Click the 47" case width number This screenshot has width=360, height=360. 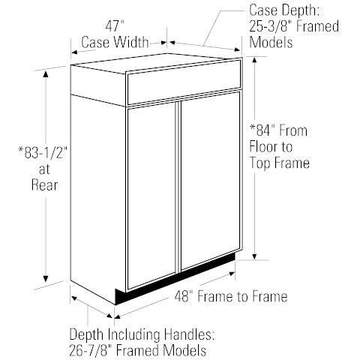tap(115, 26)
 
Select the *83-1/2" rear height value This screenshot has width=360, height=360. tap(43, 153)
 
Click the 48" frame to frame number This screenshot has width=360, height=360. tap(184, 296)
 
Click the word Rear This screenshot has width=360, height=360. tap(44, 185)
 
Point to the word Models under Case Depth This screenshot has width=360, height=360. tap(271, 42)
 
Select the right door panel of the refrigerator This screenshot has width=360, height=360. tap(210, 181)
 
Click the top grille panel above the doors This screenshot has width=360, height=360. tap(184, 82)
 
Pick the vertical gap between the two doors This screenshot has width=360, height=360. tap(178, 187)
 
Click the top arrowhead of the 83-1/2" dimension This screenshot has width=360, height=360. tap(46, 75)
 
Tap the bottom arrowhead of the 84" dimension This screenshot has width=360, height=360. tap(254, 256)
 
